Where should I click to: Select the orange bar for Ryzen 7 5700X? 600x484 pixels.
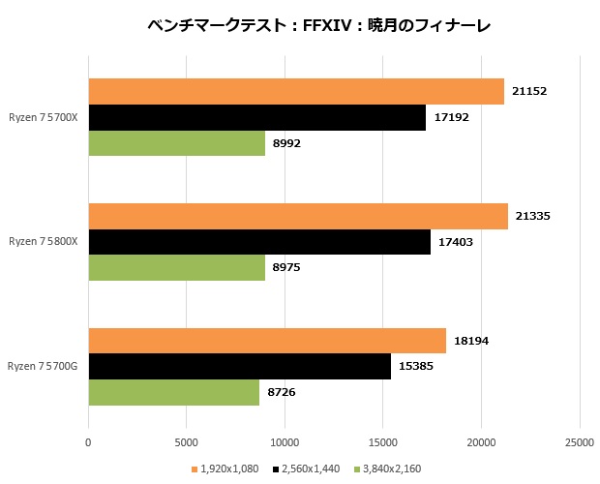[296, 92]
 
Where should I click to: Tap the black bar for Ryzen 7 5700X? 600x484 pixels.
[256, 118]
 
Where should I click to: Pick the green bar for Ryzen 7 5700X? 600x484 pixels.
[176, 143]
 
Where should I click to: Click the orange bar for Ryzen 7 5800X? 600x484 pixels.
[298, 217]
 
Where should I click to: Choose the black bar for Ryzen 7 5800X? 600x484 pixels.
[259, 242]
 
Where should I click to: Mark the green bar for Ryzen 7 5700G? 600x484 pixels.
[173, 392]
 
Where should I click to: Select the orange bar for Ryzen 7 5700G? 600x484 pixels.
[267, 342]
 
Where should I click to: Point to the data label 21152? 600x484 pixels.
[530, 92]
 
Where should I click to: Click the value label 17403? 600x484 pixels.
[457, 242]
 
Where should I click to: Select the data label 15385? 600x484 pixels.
[417, 367]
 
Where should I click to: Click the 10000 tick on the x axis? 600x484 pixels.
[285, 442]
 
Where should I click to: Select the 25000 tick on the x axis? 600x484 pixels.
[579, 442]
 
